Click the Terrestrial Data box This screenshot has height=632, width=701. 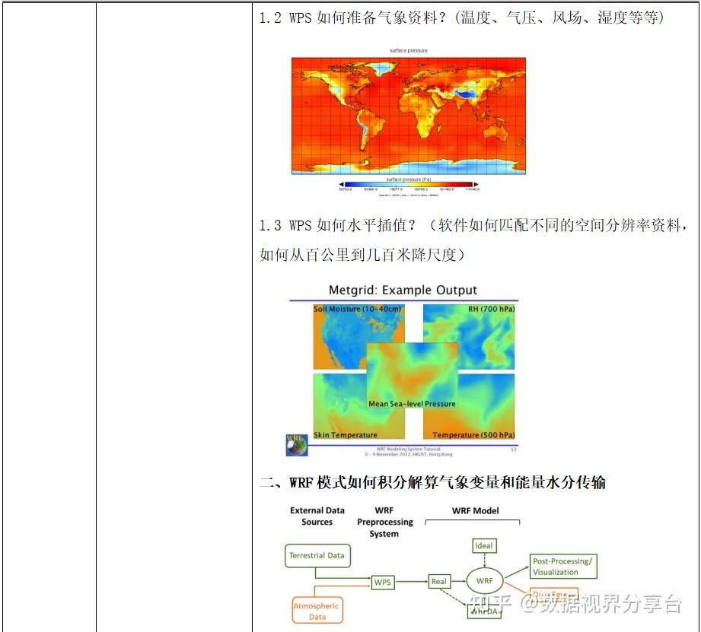(317, 556)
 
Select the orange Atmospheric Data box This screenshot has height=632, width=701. (317, 611)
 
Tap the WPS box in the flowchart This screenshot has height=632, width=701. (383, 582)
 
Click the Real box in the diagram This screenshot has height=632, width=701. (439, 582)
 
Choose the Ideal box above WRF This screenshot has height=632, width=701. (484, 546)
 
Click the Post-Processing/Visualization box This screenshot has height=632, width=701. (564, 567)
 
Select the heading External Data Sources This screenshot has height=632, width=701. (317, 516)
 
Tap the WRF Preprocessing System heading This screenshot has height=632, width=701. (384, 522)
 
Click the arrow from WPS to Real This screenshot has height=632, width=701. (412, 582)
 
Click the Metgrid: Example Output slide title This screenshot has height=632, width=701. (403, 291)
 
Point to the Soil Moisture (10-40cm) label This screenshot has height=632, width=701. (358, 310)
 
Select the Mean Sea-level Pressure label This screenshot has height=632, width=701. (412, 404)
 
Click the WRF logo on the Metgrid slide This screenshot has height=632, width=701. (296, 444)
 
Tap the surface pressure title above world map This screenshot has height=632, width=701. (409, 51)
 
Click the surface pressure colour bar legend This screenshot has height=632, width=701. (409, 184)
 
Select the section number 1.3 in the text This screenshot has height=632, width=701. (270, 226)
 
